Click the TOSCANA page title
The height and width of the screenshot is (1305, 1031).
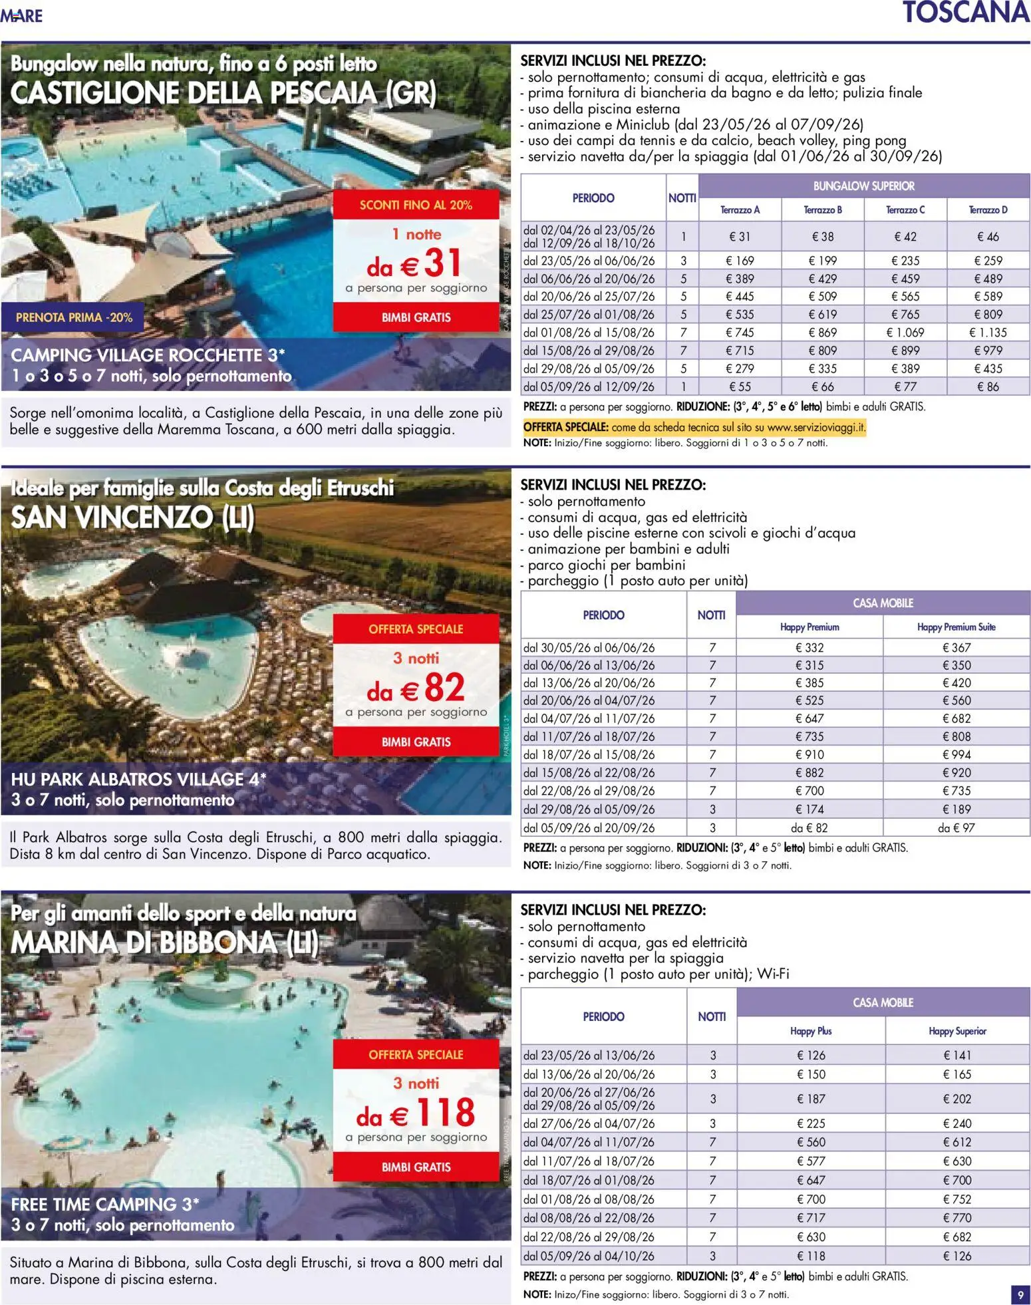tap(965, 13)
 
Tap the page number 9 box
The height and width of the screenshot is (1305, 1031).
tap(1020, 1294)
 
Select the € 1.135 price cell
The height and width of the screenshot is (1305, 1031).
tap(988, 333)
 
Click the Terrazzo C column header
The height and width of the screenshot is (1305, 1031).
tap(905, 210)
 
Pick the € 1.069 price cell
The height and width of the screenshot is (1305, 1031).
tap(905, 333)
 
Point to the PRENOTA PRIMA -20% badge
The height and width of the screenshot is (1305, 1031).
tap(74, 318)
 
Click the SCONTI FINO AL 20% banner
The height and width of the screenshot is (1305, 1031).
tap(416, 205)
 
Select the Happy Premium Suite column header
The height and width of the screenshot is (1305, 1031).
tap(956, 627)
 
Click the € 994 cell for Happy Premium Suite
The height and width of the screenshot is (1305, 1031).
tap(956, 755)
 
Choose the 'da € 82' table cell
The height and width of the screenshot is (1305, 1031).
tap(809, 828)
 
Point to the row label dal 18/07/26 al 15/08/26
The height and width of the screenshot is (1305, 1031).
tap(589, 755)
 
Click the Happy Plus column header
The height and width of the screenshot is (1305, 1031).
tap(811, 1031)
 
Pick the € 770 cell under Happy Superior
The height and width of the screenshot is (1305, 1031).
tap(957, 1218)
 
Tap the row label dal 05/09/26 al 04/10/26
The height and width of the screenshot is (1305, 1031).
tap(589, 1256)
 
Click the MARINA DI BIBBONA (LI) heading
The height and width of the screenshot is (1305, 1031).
tap(164, 943)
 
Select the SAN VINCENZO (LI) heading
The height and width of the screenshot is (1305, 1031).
tap(132, 517)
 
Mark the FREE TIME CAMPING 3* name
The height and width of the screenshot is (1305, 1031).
tap(105, 1205)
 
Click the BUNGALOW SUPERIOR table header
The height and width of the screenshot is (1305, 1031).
tap(863, 186)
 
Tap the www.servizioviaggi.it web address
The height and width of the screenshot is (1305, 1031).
tap(815, 428)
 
